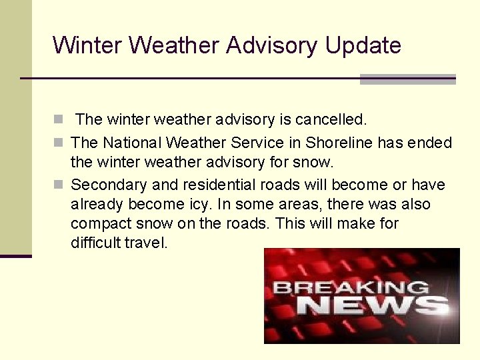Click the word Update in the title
click(363, 45)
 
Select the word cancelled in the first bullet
click(331, 120)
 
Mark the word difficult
click(95, 243)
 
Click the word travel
click(146, 243)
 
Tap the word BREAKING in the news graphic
click(351, 288)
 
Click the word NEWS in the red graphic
click(372, 306)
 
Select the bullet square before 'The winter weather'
click(59, 121)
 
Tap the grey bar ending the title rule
click(407, 79)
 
